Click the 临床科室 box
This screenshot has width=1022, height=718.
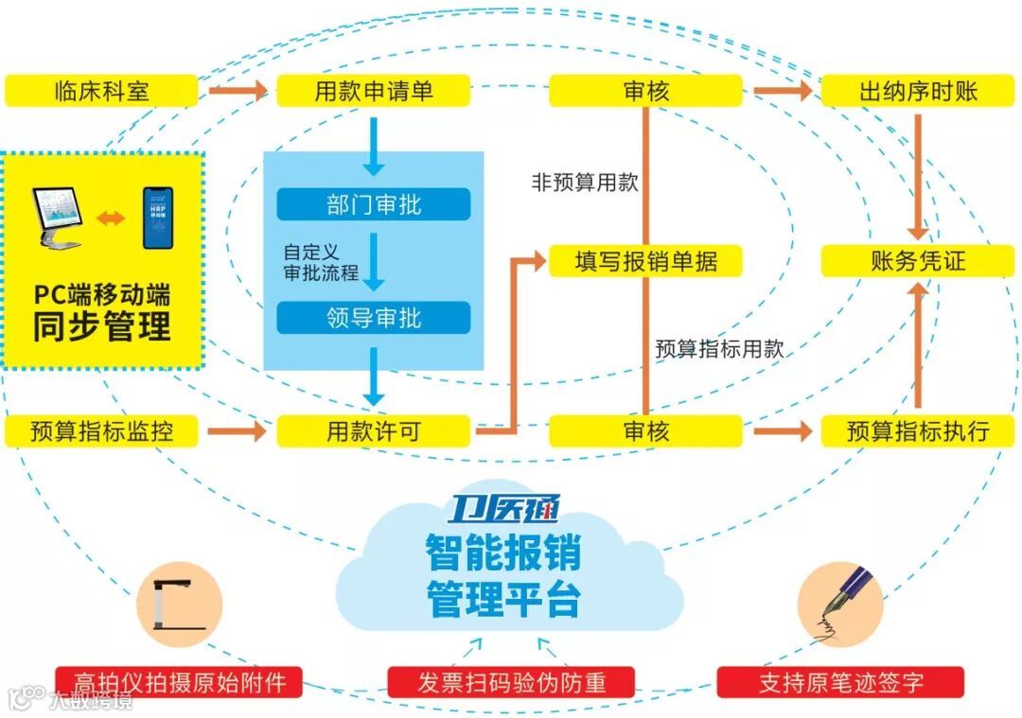[x=101, y=91]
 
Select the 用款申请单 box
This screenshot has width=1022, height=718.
[x=374, y=91]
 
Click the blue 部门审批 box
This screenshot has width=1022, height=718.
[x=374, y=203]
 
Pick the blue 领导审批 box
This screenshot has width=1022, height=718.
[x=374, y=318]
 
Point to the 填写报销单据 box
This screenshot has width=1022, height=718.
[x=645, y=261]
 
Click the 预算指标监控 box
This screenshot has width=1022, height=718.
[x=101, y=431]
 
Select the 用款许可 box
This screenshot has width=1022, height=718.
[x=374, y=431]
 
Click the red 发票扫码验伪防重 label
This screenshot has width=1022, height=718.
[x=511, y=682]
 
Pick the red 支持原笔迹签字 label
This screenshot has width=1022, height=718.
[x=840, y=682]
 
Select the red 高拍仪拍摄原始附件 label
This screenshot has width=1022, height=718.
[x=179, y=682]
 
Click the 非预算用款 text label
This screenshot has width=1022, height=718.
[x=585, y=183]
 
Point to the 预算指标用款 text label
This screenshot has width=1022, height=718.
[x=719, y=348]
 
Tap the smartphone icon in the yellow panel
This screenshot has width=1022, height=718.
[x=158, y=218]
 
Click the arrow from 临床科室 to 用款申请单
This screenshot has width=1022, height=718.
[x=238, y=91]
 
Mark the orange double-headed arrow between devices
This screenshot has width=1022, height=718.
[x=111, y=219]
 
